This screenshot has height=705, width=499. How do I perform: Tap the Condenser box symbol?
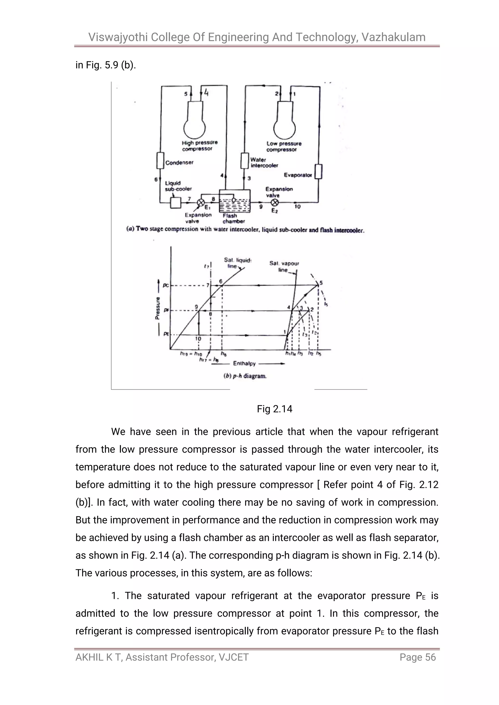click(160, 160)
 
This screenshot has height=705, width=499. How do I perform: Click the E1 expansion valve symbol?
click(201, 202)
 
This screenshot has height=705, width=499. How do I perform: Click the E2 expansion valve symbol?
click(275, 202)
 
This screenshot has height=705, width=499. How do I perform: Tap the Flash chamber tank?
click(234, 202)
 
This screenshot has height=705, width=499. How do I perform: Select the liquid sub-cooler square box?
click(175, 203)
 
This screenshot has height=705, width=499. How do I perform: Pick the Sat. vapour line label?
click(284, 266)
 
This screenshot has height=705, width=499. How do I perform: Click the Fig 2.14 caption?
click(274, 409)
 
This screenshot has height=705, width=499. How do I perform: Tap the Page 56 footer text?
click(418, 657)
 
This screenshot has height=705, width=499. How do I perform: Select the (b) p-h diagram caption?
click(245, 376)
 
